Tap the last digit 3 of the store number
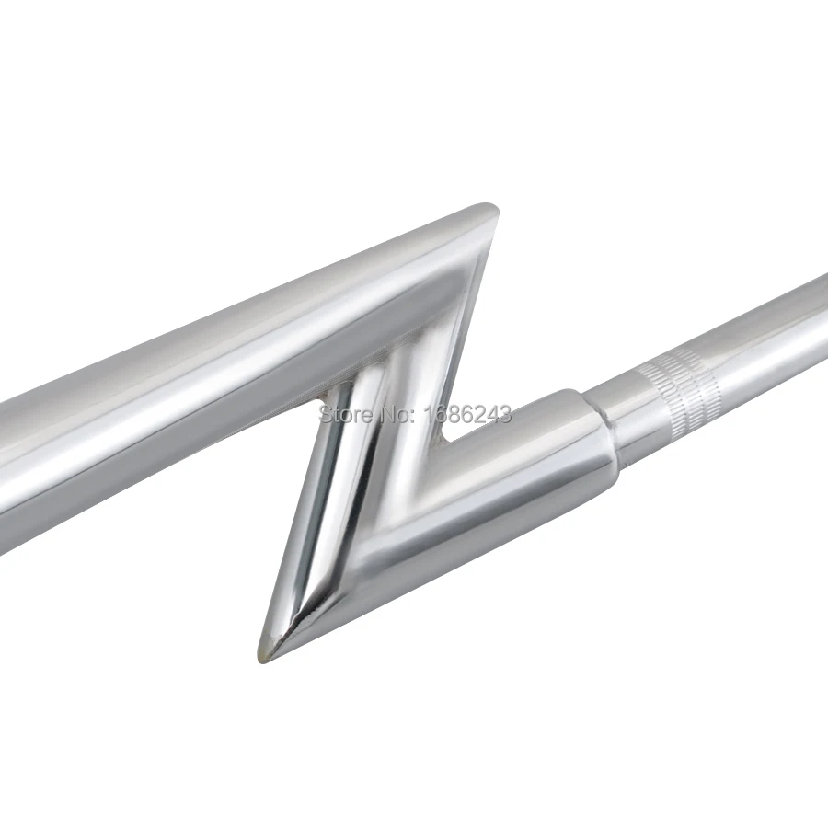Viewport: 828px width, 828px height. point(505,414)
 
